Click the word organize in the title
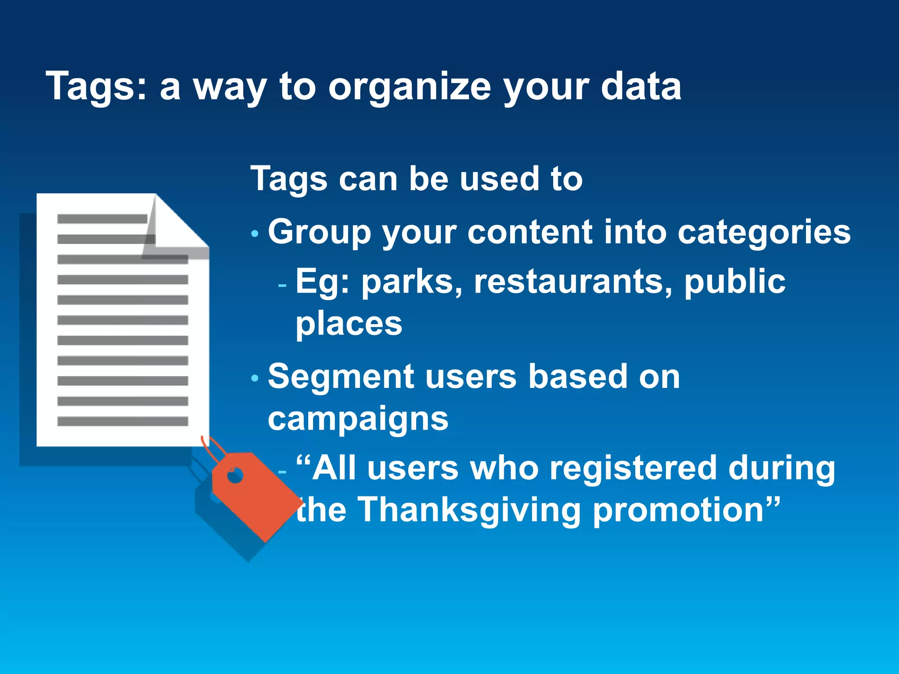[409, 87]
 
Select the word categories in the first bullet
[764, 233]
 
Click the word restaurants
[572, 282]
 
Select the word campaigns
[358, 419]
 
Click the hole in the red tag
[235, 476]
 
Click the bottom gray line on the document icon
[122, 422]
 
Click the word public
[735, 282]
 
